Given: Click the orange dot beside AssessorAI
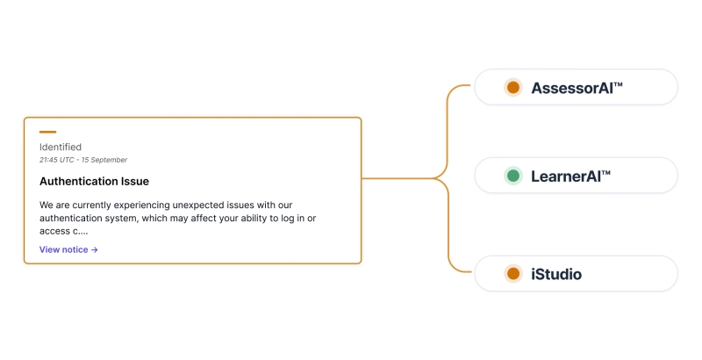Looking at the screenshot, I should point(513,87).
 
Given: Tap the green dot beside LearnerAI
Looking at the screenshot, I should point(513,176).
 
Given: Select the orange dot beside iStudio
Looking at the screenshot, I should point(513,274).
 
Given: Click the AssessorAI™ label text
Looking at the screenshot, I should point(577,88).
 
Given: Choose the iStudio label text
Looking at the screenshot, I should point(556,275).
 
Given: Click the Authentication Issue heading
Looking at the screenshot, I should point(94,181).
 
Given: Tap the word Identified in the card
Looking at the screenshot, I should point(61,147).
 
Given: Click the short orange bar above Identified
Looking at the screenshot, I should point(47,132).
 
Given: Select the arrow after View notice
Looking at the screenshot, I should point(95,249).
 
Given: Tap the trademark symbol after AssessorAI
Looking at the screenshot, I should point(618,84).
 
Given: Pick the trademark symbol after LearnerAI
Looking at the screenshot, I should point(605,173).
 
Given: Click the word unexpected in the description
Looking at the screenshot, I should point(183,205).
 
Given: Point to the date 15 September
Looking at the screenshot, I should point(107,160).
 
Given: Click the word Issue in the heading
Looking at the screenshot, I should point(133,181).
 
